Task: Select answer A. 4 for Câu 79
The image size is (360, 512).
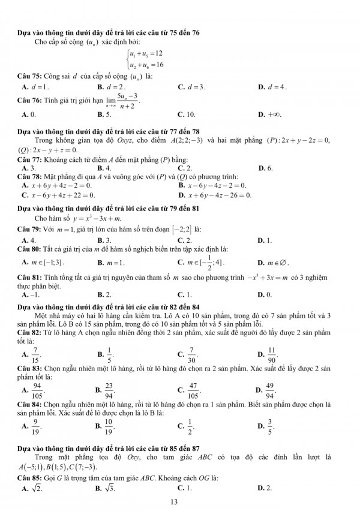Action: (x=24, y=240)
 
